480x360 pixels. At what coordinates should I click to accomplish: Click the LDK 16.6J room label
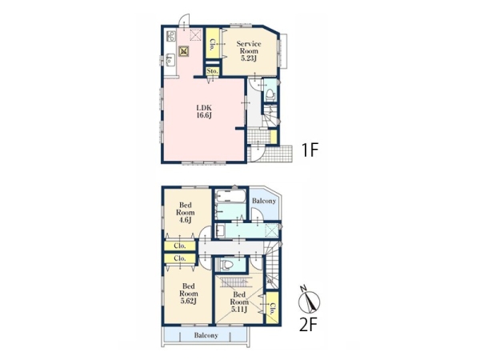(x=204, y=111)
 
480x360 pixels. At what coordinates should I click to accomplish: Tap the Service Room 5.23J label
(x=249, y=51)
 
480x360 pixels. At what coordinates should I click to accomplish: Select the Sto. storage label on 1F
(x=213, y=71)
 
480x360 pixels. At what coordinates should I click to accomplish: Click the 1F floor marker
(x=310, y=150)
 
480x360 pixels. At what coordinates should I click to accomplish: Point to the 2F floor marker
(x=308, y=325)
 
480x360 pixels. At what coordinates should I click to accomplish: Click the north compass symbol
(x=309, y=301)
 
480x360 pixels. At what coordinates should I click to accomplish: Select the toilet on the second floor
(x=225, y=265)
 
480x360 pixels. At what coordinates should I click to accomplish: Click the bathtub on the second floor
(x=230, y=196)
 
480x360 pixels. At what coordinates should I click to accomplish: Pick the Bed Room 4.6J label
(x=185, y=212)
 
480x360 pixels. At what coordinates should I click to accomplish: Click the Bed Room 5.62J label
(x=188, y=294)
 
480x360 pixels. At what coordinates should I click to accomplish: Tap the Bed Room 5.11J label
(x=239, y=302)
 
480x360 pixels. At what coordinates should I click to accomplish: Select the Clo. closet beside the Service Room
(x=212, y=44)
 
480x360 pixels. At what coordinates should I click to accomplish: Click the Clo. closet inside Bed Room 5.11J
(x=273, y=308)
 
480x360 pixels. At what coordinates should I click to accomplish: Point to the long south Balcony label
(x=206, y=335)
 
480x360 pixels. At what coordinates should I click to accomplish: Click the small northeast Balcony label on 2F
(x=264, y=201)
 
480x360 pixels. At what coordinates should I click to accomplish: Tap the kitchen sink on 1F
(x=170, y=59)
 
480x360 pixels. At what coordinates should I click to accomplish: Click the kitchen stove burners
(x=170, y=36)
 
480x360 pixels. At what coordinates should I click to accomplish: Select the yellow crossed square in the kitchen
(x=183, y=51)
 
